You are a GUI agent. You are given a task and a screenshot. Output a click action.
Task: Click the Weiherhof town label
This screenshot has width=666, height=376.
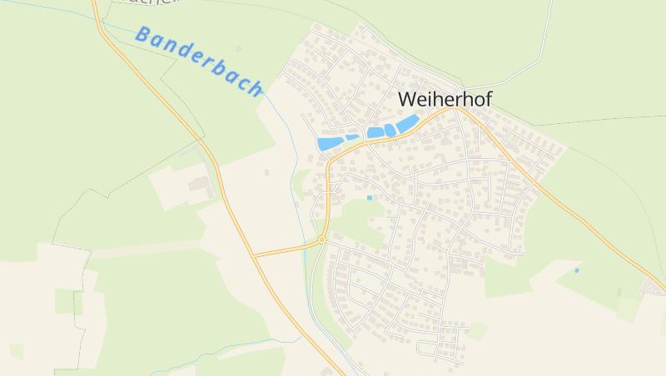click(x=445, y=98)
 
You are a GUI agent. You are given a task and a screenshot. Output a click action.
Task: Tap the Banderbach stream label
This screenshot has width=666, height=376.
click(x=199, y=61)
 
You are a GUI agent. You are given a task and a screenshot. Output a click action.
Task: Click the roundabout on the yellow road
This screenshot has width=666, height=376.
click(x=321, y=240)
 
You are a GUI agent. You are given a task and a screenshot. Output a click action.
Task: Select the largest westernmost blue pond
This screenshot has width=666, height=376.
click(x=330, y=143)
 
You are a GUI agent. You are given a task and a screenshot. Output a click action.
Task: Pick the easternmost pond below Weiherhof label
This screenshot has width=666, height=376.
click(x=406, y=124)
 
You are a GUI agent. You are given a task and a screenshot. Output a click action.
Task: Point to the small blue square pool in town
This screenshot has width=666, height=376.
click(x=370, y=197)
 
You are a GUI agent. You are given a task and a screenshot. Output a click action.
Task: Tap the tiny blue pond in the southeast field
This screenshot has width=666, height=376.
click(x=577, y=270)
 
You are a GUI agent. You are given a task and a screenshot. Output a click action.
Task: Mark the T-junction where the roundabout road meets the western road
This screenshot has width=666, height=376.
click(x=255, y=255)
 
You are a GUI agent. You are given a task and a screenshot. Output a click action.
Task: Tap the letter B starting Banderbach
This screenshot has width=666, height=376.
click(x=142, y=35)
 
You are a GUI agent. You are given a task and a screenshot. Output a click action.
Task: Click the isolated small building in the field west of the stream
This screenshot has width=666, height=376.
click(x=266, y=172)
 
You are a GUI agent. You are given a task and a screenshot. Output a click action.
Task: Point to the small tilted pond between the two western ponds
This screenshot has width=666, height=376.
click(x=352, y=137)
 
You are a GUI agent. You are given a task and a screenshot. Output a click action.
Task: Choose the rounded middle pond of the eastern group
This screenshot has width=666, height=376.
click(x=390, y=131)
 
